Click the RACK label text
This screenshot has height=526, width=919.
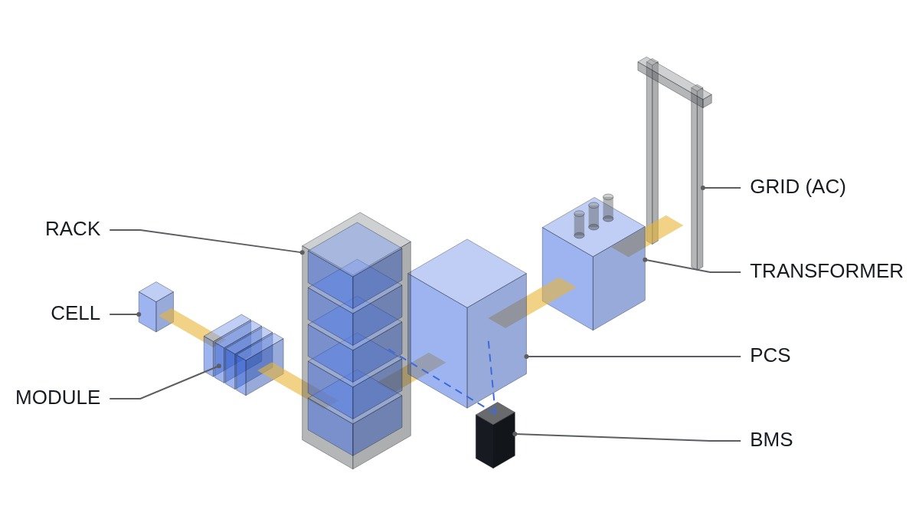(x=73, y=229)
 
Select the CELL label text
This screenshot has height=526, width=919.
(x=76, y=314)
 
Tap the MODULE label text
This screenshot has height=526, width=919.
(x=58, y=398)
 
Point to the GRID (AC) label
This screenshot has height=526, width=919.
(x=797, y=187)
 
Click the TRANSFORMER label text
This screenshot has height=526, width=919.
(x=826, y=271)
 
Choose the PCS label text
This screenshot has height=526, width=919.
(x=770, y=356)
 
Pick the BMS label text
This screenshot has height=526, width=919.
(x=771, y=440)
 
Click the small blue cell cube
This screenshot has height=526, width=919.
(x=156, y=307)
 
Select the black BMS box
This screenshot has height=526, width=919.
(x=495, y=436)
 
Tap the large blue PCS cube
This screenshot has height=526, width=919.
(x=467, y=324)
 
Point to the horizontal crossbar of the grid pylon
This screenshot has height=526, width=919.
(x=675, y=82)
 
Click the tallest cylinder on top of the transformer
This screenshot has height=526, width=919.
(x=608, y=208)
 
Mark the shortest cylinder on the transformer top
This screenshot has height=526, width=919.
(x=579, y=225)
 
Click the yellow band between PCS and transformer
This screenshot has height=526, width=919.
(x=532, y=303)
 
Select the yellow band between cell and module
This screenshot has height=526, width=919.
(x=187, y=324)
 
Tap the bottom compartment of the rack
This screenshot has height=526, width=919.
(x=355, y=425)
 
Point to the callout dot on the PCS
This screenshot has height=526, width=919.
(x=526, y=357)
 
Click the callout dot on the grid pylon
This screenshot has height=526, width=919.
(x=703, y=188)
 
